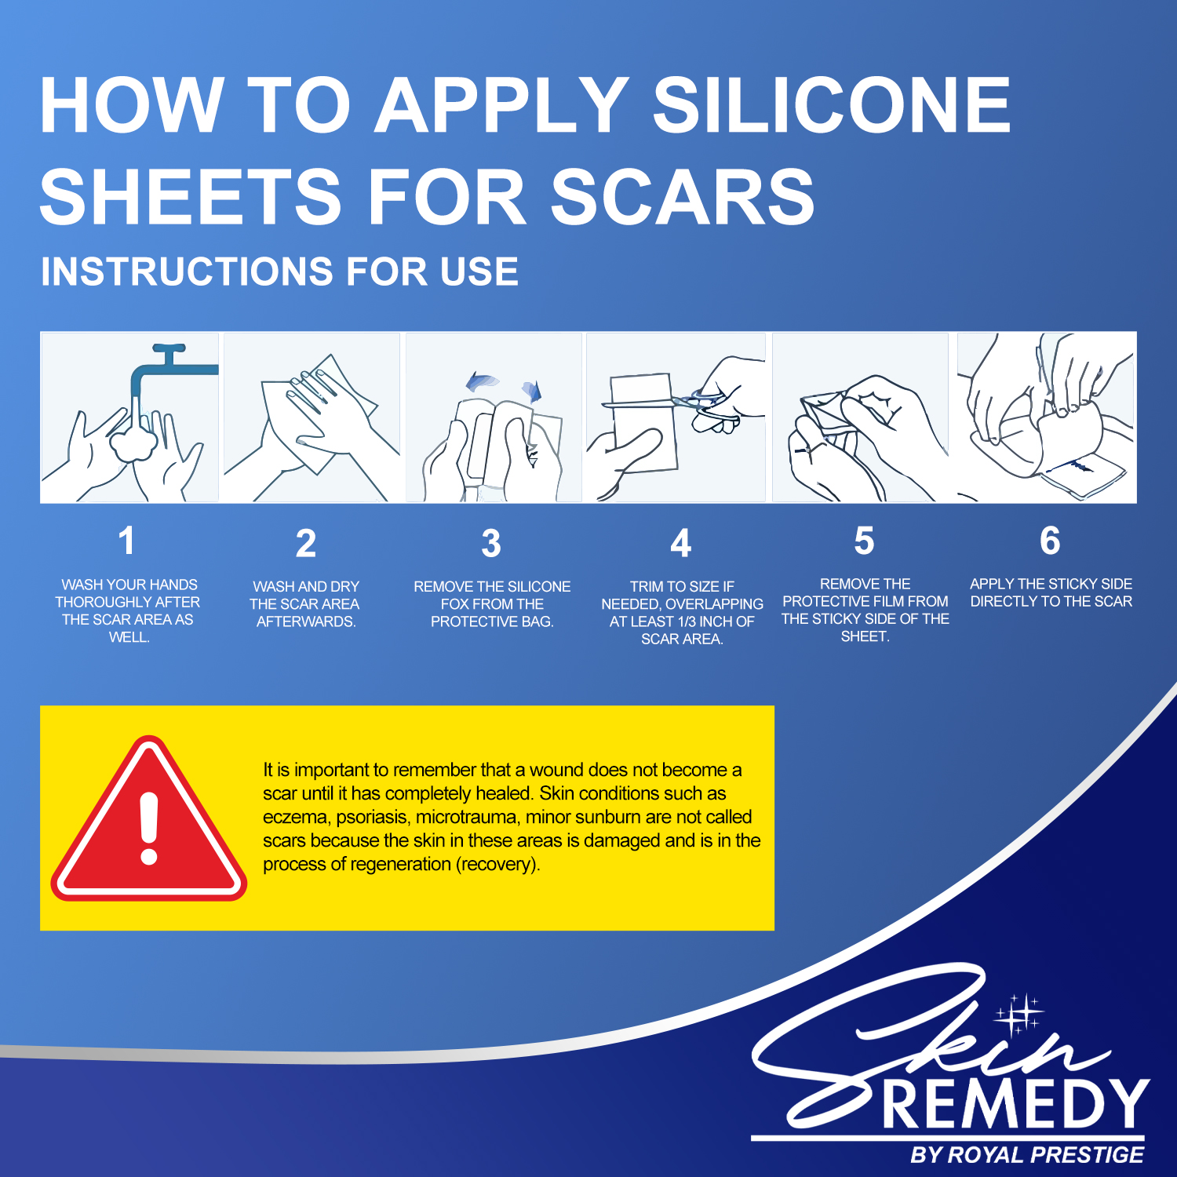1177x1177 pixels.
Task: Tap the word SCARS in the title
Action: [683, 196]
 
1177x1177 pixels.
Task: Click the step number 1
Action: [126, 541]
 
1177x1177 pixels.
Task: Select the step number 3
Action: [491, 543]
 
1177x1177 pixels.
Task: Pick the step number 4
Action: [681, 543]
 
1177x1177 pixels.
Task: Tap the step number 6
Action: [1050, 541]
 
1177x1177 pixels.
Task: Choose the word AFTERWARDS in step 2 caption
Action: [304, 621]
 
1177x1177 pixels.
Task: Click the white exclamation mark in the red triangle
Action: [149, 828]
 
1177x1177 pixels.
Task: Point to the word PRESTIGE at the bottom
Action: [1087, 1155]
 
